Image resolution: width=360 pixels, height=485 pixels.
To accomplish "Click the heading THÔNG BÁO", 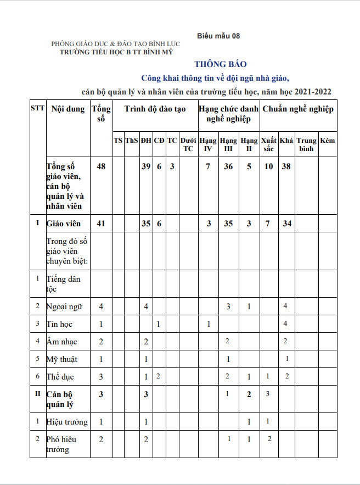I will click(220, 64).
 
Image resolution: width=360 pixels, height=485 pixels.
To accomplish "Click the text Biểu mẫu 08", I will click(218, 36).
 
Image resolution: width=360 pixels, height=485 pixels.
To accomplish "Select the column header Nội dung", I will click(68, 109).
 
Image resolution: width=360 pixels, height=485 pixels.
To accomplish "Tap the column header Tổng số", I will click(100, 114).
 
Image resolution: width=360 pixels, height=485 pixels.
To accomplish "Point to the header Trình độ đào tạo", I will click(155, 109).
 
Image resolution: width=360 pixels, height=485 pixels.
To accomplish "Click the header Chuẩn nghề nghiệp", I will click(297, 109).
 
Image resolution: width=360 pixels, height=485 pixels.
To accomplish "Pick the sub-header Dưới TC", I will click(188, 144).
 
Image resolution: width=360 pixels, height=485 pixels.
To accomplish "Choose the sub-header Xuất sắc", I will click(269, 144).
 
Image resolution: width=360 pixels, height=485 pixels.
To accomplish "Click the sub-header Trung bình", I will click(307, 144).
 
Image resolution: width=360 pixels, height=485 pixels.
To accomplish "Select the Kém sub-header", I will click(328, 141).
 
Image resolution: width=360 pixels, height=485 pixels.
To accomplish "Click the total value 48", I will click(101, 166).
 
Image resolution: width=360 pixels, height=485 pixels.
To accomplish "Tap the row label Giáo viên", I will click(64, 224).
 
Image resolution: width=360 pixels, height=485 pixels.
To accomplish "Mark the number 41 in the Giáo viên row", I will click(101, 224).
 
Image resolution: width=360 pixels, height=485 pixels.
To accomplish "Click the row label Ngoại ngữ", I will click(65, 306).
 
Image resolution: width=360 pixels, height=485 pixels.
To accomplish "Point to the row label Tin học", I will click(61, 324).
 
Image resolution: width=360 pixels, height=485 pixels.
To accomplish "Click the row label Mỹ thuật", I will click(62, 359).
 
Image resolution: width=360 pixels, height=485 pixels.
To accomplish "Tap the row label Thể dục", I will click(60, 377).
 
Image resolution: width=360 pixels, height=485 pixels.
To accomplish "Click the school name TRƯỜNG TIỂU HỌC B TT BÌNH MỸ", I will click(116, 52).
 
